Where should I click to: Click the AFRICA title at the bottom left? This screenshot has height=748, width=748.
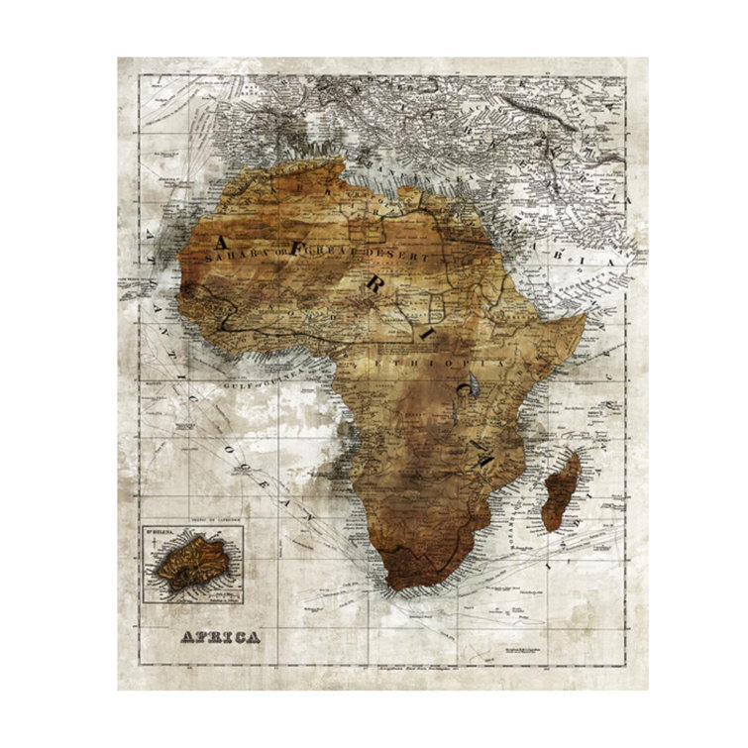pos(220,636)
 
